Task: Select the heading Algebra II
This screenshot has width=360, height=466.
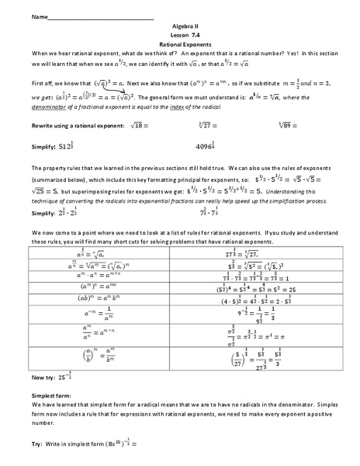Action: pyautogui.click(x=179, y=26)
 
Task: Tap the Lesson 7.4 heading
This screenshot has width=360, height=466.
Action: pyautogui.click(x=179, y=35)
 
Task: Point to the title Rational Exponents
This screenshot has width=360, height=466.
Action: pyautogui.click(x=179, y=43)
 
